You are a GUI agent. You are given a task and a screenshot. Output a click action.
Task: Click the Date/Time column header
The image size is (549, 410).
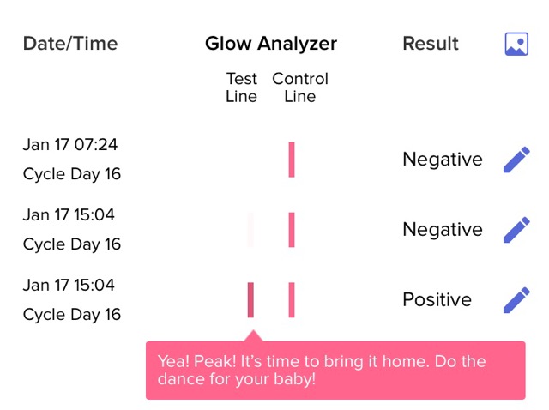coord(70,44)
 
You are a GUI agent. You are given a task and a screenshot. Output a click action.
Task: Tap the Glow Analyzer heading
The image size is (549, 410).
coord(271,45)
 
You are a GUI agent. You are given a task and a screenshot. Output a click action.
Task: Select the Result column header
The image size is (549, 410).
coord(431,44)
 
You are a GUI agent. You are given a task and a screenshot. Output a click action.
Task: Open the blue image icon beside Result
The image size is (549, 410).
coord(516,44)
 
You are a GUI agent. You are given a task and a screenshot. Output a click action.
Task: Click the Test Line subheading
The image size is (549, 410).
coord(242,87)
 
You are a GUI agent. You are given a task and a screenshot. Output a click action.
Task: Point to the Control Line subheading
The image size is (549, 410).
coord(300,87)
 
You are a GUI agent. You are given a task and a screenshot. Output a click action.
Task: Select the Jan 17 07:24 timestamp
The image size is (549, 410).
coord(70,145)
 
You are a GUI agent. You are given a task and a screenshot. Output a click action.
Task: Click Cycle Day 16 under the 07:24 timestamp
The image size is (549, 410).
coord(72,174)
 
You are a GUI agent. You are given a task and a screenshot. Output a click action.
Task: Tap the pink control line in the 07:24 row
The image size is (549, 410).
coord(292,160)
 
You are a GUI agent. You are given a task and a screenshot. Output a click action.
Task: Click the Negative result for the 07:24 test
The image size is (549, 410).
coord(443,160)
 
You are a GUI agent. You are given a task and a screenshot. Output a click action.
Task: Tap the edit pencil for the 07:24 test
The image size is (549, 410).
coord(516,160)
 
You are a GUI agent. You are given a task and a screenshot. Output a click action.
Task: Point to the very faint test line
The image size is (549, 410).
coord(250,230)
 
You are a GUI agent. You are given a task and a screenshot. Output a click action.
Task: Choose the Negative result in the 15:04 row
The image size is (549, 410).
coord(443,230)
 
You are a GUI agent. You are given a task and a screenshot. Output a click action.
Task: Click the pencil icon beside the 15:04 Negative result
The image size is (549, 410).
coord(516,230)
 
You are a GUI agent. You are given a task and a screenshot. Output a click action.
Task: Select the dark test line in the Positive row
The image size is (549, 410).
coord(250,300)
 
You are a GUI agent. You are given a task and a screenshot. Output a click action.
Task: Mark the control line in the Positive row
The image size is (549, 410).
coord(292,300)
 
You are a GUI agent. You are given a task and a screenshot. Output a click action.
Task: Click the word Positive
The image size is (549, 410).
coord(437,299)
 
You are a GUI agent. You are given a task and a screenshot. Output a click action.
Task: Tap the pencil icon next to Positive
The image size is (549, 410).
coord(516,300)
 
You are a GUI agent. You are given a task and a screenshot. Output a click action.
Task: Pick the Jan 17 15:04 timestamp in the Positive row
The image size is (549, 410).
coord(69,285)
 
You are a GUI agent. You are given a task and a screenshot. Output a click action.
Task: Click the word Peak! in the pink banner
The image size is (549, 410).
coord(215,361)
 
